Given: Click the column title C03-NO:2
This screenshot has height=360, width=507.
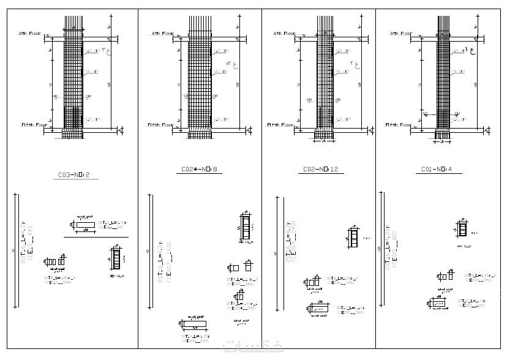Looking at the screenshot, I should (73, 174).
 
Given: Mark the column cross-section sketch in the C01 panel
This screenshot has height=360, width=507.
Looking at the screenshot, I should (463, 230).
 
